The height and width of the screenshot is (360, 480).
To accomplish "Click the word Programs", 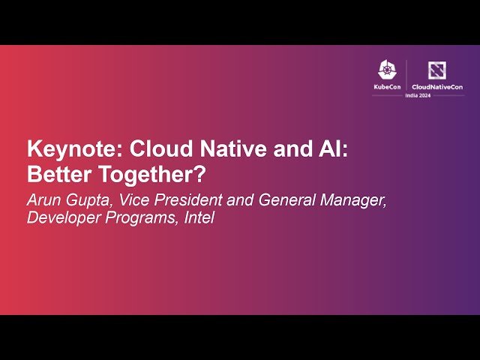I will (140, 219).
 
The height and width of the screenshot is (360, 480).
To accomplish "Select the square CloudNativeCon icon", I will (436, 70).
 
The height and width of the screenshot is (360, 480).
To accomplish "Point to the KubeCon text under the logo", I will (387, 88).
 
